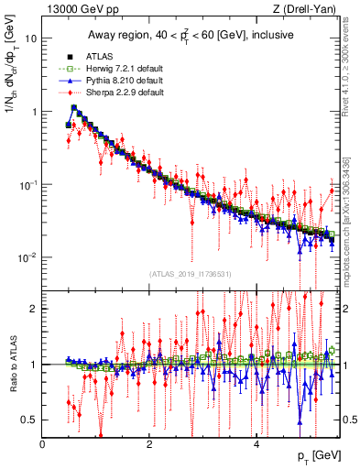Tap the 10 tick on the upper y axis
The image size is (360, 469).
pyautogui.click(x=30, y=39)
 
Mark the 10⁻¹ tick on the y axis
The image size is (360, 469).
pyautogui.click(x=28, y=183)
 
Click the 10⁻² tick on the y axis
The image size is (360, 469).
pyautogui.click(x=28, y=256)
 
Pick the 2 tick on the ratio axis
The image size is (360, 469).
pyautogui.click(x=34, y=309)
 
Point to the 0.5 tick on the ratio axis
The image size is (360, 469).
pyautogui.click(x=30, y=420)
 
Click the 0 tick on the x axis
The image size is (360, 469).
pyautogui.click(x=43, y=444)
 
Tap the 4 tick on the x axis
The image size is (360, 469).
pyautogui.click(x=256, y=444)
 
